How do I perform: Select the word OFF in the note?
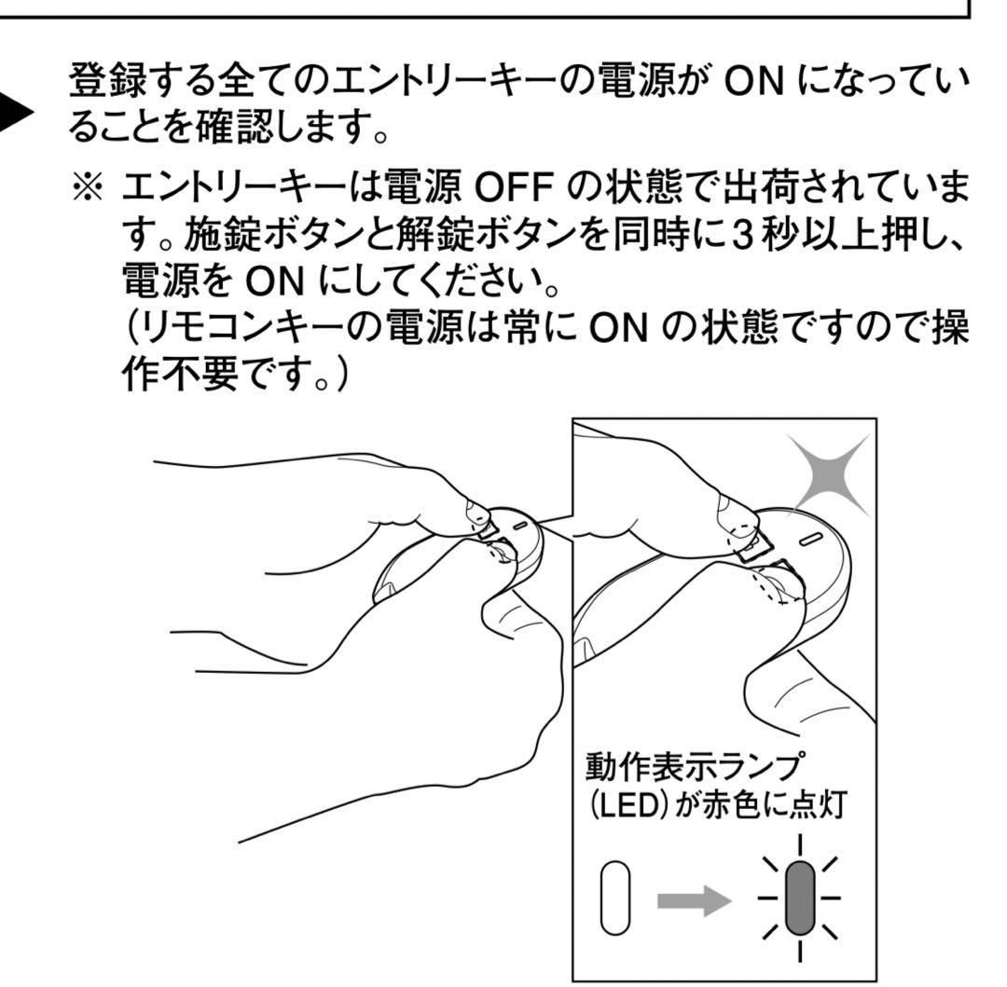[514, 188]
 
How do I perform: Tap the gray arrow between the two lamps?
[694, 900]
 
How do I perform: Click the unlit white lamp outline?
[615, 898]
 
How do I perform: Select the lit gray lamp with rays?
[800, 898]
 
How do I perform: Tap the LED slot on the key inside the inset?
[811, 538]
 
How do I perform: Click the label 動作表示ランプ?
[694, 765]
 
